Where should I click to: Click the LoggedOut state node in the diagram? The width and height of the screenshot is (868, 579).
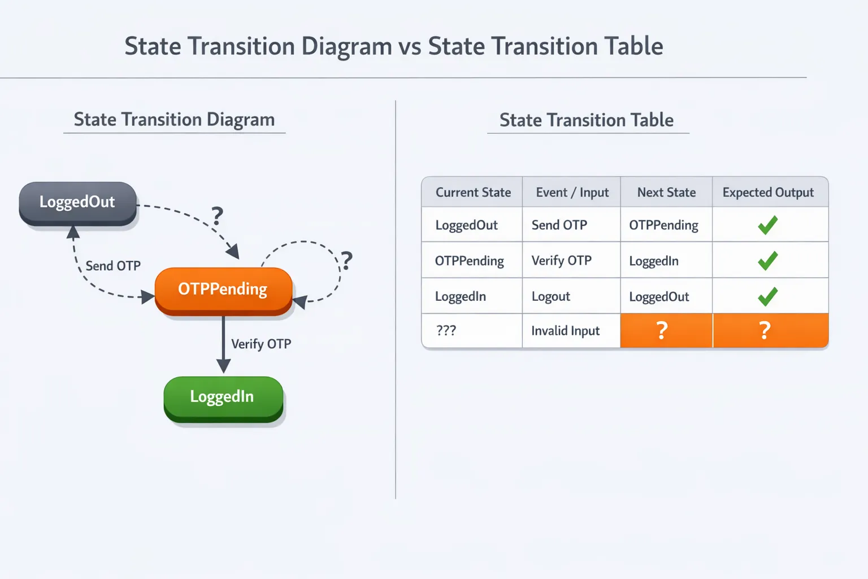click(x=77, y=202)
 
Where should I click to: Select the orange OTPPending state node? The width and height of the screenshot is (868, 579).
click(x=223, y=289)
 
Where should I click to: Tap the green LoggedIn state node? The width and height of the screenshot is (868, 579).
click(x=223, y=397)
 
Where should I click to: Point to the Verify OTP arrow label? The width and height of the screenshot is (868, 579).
click(x=261, y=344)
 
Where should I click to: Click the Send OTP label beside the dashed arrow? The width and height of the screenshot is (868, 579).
click(x=113, y=266)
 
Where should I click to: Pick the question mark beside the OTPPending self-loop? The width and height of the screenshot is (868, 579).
click(x=346, y=261)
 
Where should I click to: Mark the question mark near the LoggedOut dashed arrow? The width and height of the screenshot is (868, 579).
click(x=217, y=216)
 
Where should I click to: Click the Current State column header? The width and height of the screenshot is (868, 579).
click(x=473, y=192)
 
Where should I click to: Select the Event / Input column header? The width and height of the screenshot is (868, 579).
click(x=572, y=192)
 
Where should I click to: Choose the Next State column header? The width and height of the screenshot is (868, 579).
click(x=666, y=192)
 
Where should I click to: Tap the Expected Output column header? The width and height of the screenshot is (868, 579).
click(x=768, y=192)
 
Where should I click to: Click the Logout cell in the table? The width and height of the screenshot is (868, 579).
click(x=551, y=296)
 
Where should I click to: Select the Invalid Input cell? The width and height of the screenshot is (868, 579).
click(x=565, y=331)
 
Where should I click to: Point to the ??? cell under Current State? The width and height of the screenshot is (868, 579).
click(x=446, y=331)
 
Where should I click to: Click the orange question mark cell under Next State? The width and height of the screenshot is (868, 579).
click(x=662, y=330)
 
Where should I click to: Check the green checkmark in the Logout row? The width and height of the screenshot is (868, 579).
click(x=767, y=296)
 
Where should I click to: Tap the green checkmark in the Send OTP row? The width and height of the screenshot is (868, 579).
click(x=767, y=225)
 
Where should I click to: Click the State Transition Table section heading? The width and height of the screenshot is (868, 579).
click(x=587, y=120)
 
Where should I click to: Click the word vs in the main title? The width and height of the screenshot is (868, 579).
click(x=410, y=46)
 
